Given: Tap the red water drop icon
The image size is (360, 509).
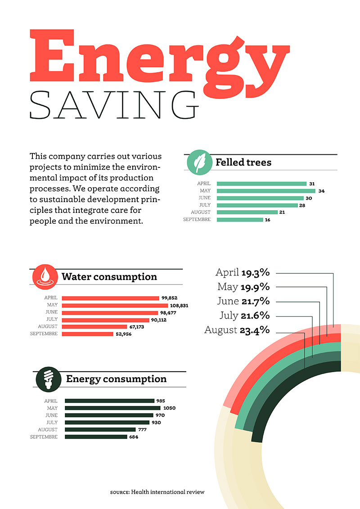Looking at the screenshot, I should point(45,277).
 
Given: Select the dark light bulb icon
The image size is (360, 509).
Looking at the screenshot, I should point(47,379).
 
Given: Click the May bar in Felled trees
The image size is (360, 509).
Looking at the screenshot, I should point(265,191).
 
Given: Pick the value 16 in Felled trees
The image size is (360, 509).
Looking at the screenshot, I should point(268,220).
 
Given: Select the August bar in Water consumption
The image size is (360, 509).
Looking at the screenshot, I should point(94,327).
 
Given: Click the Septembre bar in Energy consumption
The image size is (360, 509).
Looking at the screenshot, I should point(96,437).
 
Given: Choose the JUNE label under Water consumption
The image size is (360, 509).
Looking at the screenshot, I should point(51,312).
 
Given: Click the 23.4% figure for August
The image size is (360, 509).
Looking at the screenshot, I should point(255,330).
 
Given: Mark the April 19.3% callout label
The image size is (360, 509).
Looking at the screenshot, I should point(243,272).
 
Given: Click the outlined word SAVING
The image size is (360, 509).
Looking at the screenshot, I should point(114,104).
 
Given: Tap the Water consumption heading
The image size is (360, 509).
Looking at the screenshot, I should point(109,277).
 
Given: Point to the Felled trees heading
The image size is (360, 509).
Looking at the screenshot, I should point(243,162).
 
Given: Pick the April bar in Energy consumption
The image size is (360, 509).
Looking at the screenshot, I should point(109,401).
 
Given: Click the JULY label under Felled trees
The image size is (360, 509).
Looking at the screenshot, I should point(204,205).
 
